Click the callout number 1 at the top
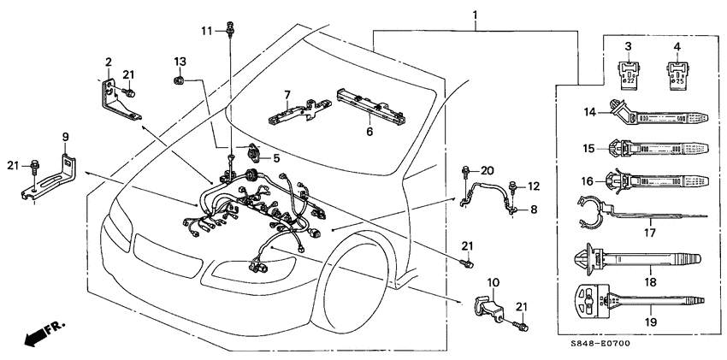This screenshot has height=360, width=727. click(476, 15)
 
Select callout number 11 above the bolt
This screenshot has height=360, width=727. click(206, 31)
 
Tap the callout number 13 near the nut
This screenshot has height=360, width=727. click(180, 62)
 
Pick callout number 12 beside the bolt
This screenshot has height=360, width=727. click(534, 186)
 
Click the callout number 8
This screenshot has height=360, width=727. click(533, 208)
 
